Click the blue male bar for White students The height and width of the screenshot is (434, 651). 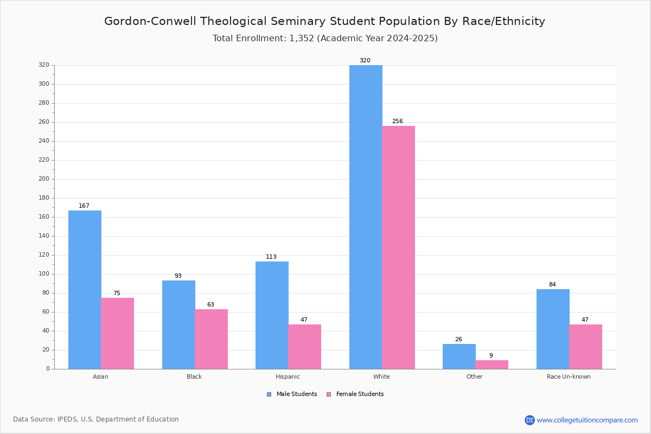tap(366, 217)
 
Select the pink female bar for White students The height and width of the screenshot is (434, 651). tap(398, 247)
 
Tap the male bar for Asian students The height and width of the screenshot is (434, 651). tap(85, 290)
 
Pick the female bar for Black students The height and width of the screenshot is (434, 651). tap(211, 339)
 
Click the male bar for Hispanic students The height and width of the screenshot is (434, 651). tap(272, 315)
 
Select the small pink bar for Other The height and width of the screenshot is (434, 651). tap(492, 365)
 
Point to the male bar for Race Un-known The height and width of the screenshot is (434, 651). tap(553, 329)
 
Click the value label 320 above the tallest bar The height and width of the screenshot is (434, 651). tap(365, 61)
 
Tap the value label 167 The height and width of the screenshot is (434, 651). tap(84, 206)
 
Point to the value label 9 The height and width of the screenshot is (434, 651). tap(491, 356)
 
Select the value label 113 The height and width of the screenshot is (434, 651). tap(271, 257)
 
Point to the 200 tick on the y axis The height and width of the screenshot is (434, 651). tap(44, 179)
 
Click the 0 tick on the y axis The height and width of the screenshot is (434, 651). tap(48, 369)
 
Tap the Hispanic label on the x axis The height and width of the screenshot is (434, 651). tap(288, 376)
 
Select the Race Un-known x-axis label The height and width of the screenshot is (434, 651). tap(569, 376)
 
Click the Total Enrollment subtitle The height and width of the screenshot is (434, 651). tap(325, 39)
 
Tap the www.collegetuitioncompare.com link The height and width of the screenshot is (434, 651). tap(587, 420)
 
